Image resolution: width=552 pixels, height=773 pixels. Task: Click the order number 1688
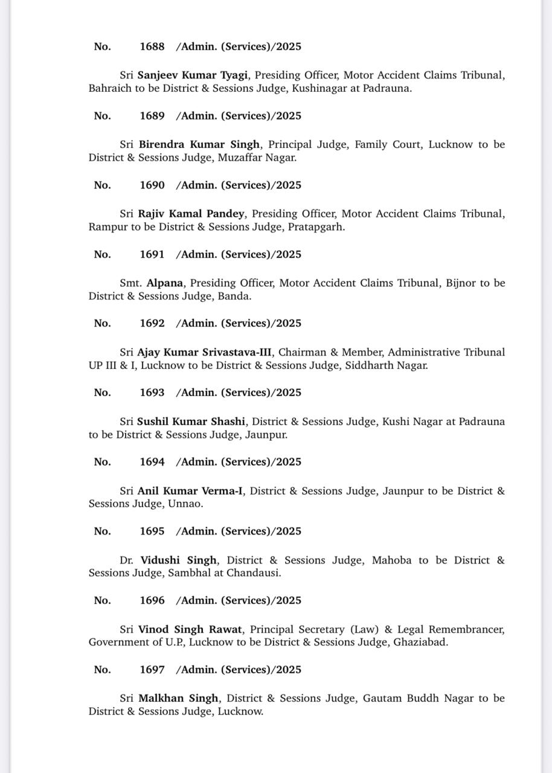(152, 47)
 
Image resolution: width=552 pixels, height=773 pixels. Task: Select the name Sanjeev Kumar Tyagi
(194, 75)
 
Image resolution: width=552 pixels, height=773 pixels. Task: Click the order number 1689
(152, 116)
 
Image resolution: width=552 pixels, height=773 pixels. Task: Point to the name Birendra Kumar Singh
(199, 144)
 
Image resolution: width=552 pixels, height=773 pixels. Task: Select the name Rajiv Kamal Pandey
(191, 214)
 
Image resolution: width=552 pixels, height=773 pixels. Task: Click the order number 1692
(152, 323)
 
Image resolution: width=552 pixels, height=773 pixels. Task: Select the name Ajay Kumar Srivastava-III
(205, 352)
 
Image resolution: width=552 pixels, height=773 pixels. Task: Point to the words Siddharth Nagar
(387, 365)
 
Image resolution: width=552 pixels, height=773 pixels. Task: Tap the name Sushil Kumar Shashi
(191, 422)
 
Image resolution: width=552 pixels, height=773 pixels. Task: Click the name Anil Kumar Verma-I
(190, 491)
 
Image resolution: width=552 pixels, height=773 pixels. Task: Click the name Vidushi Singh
(179, 560)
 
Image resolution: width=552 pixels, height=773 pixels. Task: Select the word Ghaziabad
(420, 643)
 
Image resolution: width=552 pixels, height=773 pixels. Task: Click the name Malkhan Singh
(178, 699)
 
